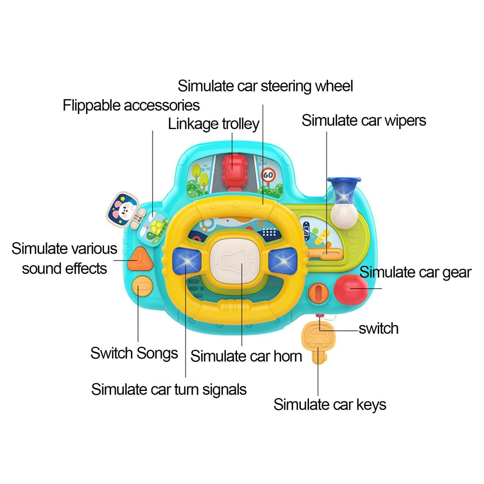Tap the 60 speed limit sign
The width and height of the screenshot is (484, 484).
click(x=268, y=175)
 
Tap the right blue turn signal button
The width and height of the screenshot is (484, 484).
click(x=283, y=261)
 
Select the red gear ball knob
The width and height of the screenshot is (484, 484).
click(x=350, y=289)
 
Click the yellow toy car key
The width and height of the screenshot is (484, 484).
click(x=318, y=339)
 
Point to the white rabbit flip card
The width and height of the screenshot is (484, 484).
click(x=123, y=209)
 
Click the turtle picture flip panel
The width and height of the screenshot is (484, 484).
click(x=154, y=229)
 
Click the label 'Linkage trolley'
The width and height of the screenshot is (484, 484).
click(x=213, y=124)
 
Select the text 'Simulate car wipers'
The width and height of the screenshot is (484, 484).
click(x=363, y=121)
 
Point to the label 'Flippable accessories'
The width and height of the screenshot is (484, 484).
click(x=131, y=106)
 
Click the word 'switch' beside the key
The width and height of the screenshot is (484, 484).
click(x=378, y=329)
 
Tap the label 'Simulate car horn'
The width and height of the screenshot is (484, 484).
click(x=246, y=356)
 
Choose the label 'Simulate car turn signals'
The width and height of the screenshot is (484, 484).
click(x=169, y=390)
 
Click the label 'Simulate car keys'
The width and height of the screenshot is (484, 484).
click(x=329, y=405)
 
